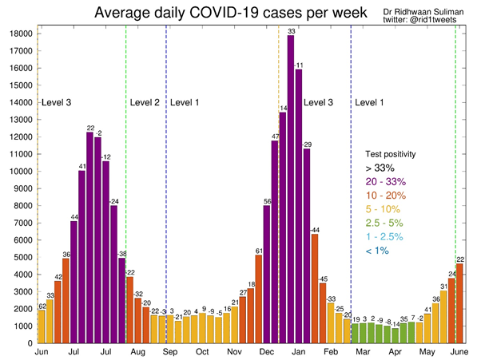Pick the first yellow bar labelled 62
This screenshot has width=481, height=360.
click(x=42, y=326)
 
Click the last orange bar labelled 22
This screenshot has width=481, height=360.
click(x=459, y=303)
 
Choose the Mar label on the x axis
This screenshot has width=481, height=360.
click(x=363, y=352)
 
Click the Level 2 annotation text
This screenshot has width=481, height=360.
click(x=144, y=102)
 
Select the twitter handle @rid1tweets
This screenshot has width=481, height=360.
click(x=429, y=21)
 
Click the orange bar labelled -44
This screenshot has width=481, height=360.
click(x=315, y=288)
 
